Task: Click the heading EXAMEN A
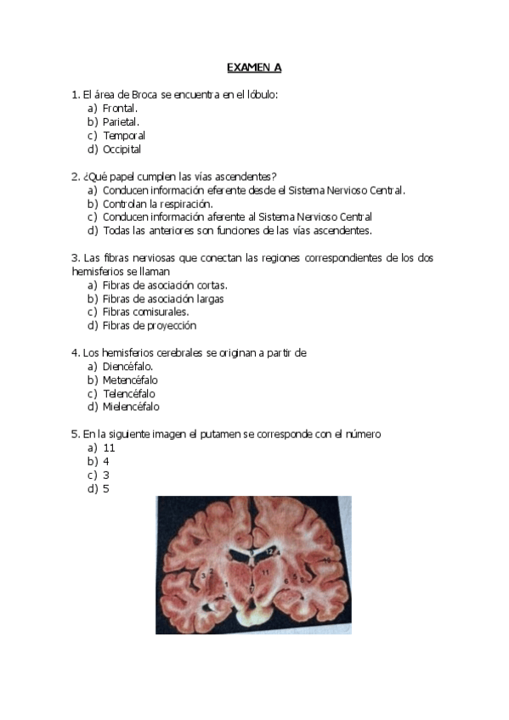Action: click(x=253, y=66)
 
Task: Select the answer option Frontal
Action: click(x=120, y=109)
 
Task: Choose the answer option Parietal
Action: click(x=121, y=122)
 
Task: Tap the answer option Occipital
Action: click(x=122, y=149)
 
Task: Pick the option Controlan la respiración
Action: click(x=157, y=204)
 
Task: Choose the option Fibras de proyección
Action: click(x=149, y=325)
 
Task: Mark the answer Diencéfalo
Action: click(x=127, y=367)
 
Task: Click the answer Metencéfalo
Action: click(x=130, y=380)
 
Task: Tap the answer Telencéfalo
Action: click(x=129, y=394)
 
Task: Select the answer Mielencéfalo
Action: click(x=131, y=408)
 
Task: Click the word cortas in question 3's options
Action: click(x=211, y=285)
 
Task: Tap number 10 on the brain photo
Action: click(x=326, y=560)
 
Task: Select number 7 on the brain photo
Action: click(x=252, y=588)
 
